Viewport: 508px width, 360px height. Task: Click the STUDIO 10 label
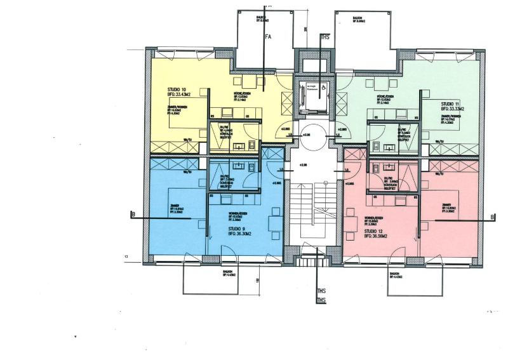[x=177, y=90]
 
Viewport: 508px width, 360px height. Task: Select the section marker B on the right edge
[x=492, y=218]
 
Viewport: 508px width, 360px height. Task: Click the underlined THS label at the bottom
[x=321, y=300]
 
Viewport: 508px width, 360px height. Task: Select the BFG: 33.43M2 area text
[x=182, y=96]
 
